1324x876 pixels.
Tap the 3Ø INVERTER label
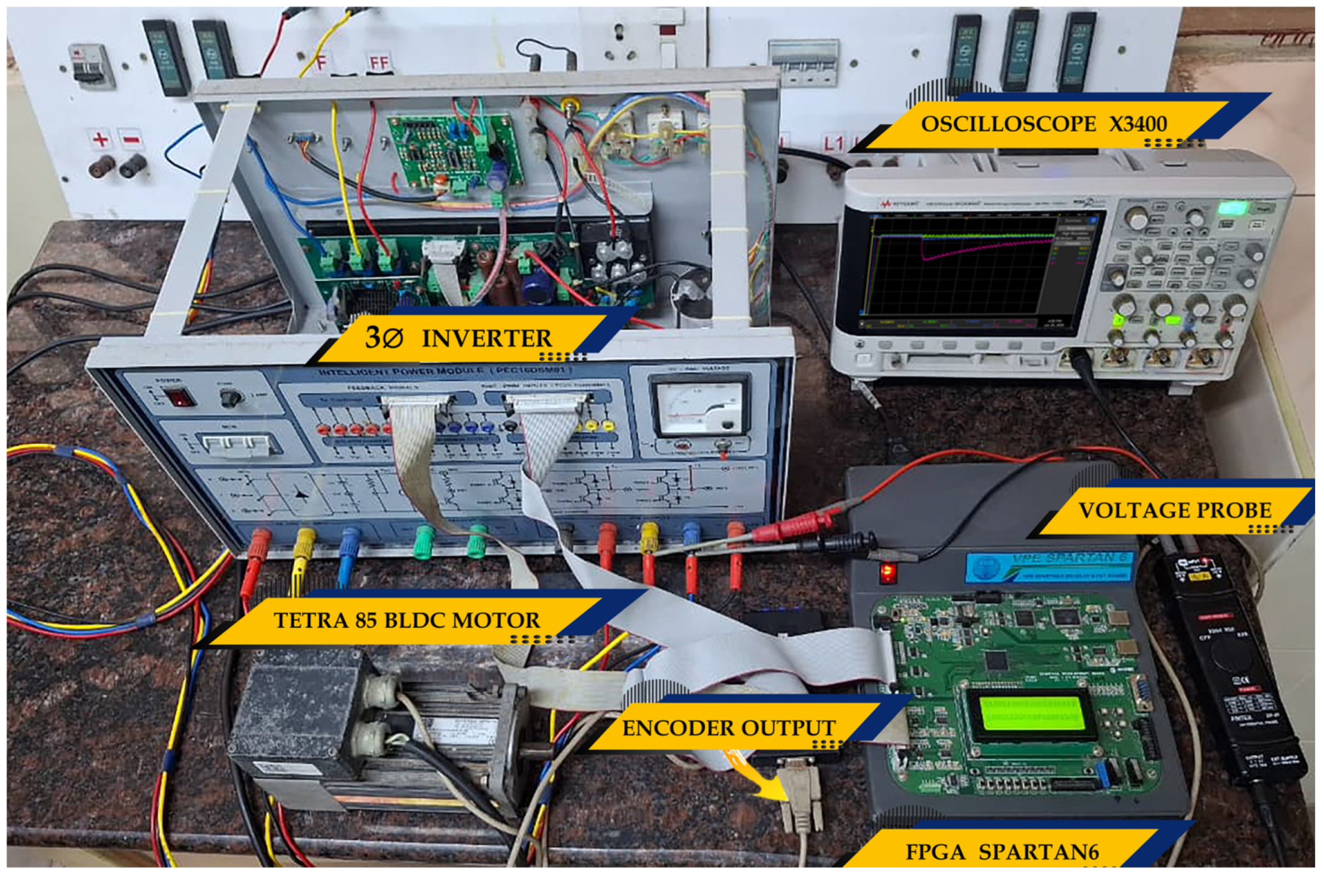tap(458, 337)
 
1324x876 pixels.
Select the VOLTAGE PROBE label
tap(1174, 510)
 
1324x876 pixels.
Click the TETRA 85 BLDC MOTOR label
tap(407, 619)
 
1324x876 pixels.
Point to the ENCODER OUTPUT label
tap(729, 728)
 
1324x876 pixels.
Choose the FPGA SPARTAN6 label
tap(1002, 852)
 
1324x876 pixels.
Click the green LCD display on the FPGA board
tap(1031, 713)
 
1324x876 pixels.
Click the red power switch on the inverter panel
tap(180, 398)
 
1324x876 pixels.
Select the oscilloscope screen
tap(959, 266)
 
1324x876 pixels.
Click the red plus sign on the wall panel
tap(100, 138)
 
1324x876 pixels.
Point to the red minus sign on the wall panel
tap(131, 138)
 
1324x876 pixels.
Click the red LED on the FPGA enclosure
tap(888, 571)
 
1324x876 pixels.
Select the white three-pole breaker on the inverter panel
tap(236, 443)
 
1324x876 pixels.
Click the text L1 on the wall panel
tap(833, 143)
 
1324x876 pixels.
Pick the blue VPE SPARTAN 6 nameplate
tap(1049, 566)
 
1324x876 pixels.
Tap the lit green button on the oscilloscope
tap(1231, 208)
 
